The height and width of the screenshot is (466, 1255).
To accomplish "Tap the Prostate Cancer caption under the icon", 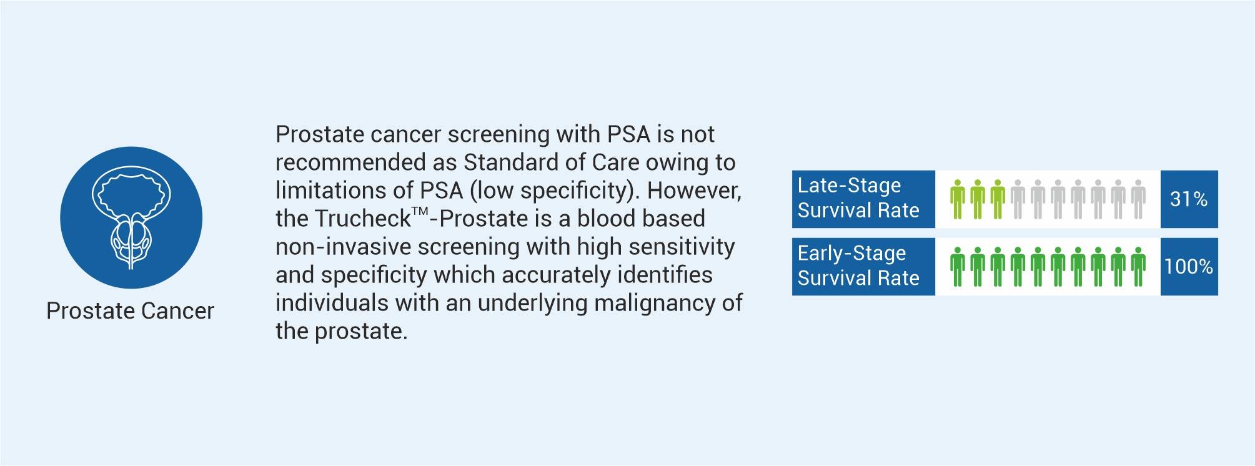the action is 130,311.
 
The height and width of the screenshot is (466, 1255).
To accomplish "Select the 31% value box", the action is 1189,199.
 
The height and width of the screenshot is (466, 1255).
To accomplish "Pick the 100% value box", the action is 1189,267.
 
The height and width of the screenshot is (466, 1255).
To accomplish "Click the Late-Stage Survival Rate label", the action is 858,198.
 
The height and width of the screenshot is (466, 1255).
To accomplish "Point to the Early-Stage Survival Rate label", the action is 858,265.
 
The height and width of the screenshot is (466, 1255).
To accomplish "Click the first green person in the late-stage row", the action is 958,199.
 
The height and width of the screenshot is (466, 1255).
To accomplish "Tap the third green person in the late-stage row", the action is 998,199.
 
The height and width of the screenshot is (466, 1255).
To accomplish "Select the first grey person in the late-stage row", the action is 1018,199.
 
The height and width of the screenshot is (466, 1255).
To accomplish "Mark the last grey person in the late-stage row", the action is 1138,199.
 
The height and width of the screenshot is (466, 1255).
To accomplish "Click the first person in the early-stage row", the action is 958,267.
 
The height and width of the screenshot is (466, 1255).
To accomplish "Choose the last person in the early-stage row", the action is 1138,267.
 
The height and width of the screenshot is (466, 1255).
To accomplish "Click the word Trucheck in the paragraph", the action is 362,219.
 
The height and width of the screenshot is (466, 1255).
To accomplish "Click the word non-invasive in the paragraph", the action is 343,247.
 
